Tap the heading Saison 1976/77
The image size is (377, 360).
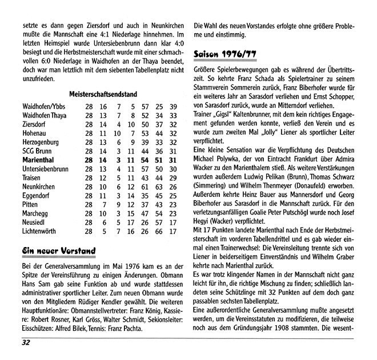[x=225, y=54]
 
